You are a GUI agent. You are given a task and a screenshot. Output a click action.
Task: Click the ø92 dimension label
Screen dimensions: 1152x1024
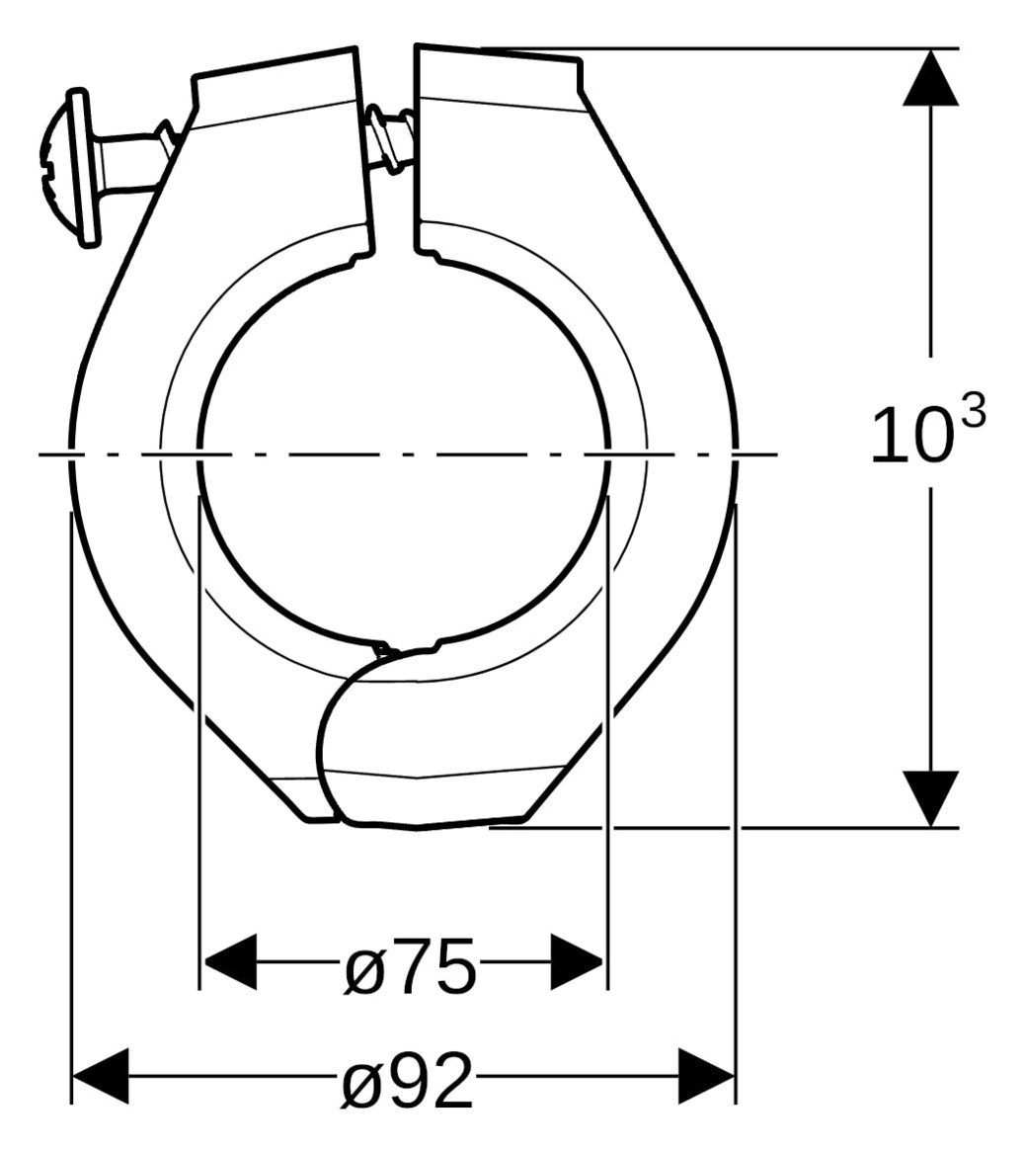coord(408,1081)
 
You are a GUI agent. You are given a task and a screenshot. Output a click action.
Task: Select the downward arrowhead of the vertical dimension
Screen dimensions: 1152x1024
coord(930,796)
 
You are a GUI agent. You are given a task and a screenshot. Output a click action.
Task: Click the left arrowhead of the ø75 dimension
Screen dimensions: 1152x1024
coord(229,960)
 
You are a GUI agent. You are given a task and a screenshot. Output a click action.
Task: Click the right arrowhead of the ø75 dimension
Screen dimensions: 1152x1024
coord(577,960)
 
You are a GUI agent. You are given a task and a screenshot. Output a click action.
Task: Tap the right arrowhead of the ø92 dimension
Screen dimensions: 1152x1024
coord(707,1076)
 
